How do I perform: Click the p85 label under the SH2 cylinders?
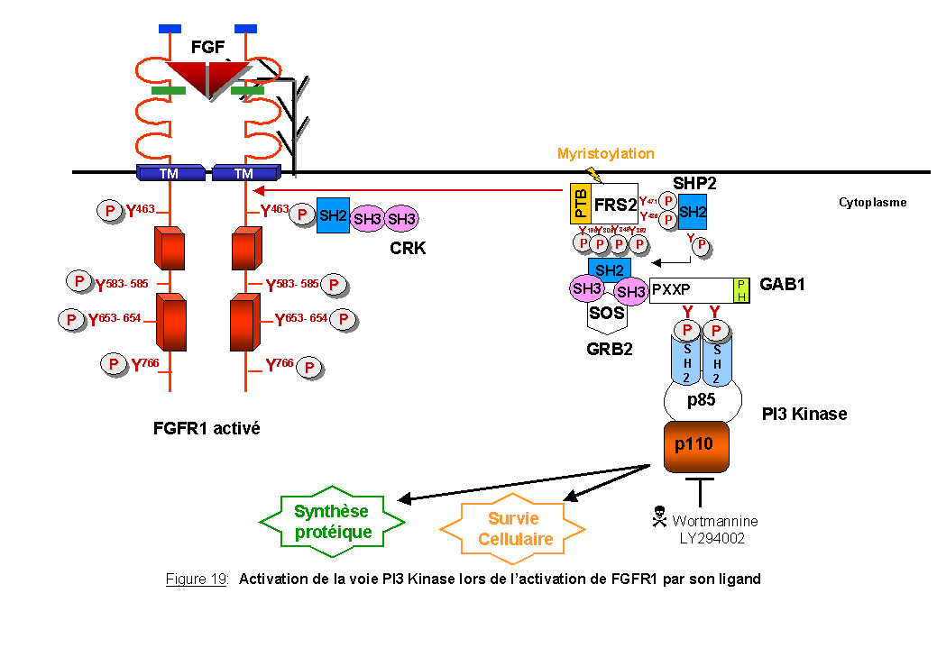(703, 400)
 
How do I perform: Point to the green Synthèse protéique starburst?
(333, 522)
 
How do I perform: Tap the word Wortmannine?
(714, 521)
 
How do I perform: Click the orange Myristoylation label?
(606, 154)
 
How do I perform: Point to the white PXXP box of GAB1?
(691, 290)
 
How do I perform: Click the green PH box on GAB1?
(741, 290)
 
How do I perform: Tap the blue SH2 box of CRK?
(333, 216)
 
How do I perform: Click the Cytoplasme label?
(872, 203)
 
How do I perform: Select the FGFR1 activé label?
(207, 428)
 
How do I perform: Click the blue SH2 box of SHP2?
(693, 212)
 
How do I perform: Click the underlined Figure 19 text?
(197, 580)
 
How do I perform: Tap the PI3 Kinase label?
(804, 415)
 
